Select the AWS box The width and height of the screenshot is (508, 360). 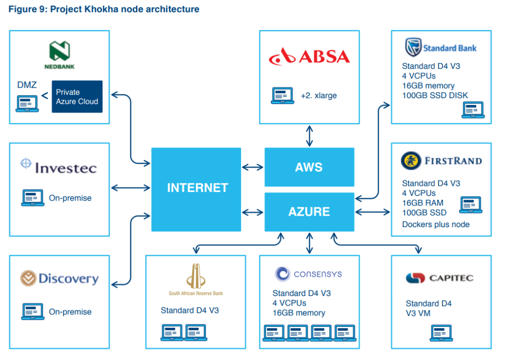click(x=309, y=167)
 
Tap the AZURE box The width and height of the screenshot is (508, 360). click(x=309, y=212)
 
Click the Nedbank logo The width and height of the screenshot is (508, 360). click(x=60, y=56)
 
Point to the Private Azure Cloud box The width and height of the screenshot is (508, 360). click(x=77, y=97)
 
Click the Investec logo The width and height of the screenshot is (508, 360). click(x=59, y=167)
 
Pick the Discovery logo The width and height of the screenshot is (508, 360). click(x=60, y=279)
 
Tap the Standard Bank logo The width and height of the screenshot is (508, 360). click(x=441, y=48)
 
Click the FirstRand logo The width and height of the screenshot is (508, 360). click(x=441, y=161)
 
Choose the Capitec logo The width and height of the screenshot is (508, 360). click(x=439, y=278)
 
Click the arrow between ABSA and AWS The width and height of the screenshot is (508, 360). click(x=310, y=135)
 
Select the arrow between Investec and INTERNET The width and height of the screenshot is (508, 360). click(x=130, y=187)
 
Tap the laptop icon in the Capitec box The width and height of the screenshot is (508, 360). click(x=441, y=332)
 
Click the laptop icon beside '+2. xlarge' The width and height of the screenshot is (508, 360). click(x=282, y=95)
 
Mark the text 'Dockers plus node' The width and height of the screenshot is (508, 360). click(x=436, y=224)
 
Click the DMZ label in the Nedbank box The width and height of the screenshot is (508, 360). click(x=27, y=85)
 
